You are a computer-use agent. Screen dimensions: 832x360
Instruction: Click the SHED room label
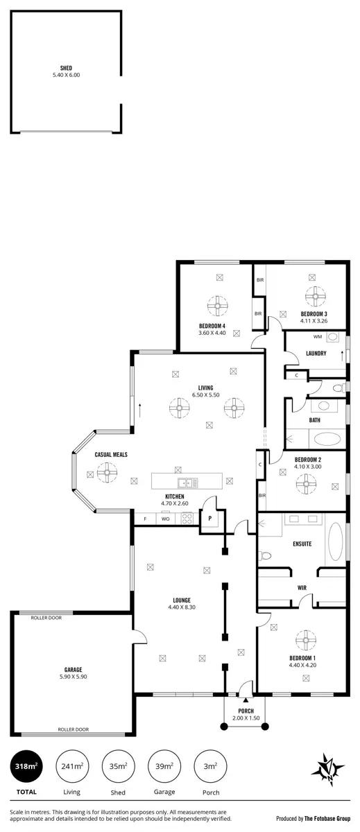pos(66,68)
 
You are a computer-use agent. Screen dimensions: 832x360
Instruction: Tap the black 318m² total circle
pos(26,766)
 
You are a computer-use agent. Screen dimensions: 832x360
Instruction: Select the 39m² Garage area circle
pos(164,766)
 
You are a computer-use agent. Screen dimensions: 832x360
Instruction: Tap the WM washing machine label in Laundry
pos(317,338)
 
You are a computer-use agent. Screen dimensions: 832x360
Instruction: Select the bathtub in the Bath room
pos(324,439)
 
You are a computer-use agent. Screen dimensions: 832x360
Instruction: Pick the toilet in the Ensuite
pos(265,555)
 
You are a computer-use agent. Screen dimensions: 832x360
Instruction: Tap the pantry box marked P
pos(209,518)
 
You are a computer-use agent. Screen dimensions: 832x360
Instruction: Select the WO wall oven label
pos(165,519)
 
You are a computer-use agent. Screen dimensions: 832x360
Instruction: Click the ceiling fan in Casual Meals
pos(107,474)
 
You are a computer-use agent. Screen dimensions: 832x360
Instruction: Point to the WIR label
pos(302,587)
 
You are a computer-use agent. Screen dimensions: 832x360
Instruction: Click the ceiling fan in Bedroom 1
pos(305,639)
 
